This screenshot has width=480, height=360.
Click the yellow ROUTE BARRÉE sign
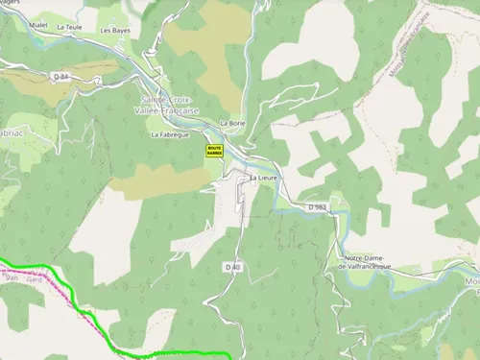click(214, 150)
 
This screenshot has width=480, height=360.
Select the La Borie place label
click(232, 123)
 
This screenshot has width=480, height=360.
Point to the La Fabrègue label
click(169, 135)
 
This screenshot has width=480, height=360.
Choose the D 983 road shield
click(318, 206)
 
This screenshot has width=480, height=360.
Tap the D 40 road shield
click(230, 266)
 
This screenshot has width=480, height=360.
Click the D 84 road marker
click(61, 75)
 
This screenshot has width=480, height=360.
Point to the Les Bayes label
click(115, 31)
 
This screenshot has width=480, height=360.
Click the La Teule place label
click(70, 28)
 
